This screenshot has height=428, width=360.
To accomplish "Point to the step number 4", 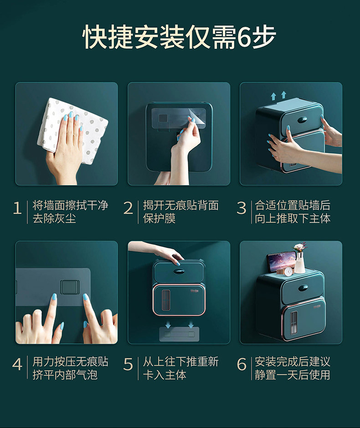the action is [17, 364].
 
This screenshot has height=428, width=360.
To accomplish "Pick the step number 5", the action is [128, 364].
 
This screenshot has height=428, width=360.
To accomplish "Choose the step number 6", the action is [242, 364].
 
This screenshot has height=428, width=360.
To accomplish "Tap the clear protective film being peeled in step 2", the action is [179, 119].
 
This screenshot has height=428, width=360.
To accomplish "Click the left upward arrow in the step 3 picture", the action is [273, 96].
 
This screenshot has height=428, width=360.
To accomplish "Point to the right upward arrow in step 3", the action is [283, 95].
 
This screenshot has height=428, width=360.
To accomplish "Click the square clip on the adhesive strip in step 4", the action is [70, 287].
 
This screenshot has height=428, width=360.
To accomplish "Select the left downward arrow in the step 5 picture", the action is [168, 324].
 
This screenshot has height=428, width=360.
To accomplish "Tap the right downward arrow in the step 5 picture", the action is [191, 324].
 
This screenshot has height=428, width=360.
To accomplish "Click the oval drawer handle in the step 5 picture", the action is [179, 272].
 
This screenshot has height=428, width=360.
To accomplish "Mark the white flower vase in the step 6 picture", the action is [299, 263].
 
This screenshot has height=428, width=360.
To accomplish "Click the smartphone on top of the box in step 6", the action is [281, 262].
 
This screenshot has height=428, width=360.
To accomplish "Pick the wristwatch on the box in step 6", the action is [287, 272].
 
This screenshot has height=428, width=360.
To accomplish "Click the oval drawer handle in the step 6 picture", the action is [303, 288].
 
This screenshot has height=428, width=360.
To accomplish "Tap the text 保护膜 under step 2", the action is [159, 218].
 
